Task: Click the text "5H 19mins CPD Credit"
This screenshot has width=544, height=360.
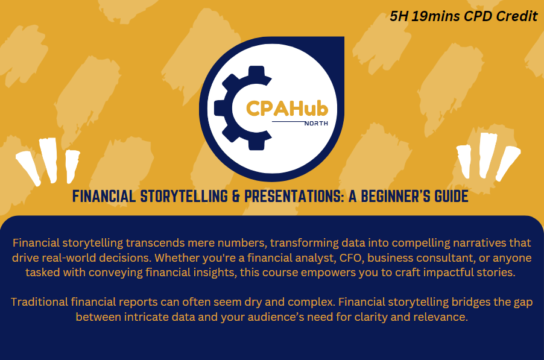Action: [x=463, y=16]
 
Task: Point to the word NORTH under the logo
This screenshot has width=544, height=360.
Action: [x=315, y=124]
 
